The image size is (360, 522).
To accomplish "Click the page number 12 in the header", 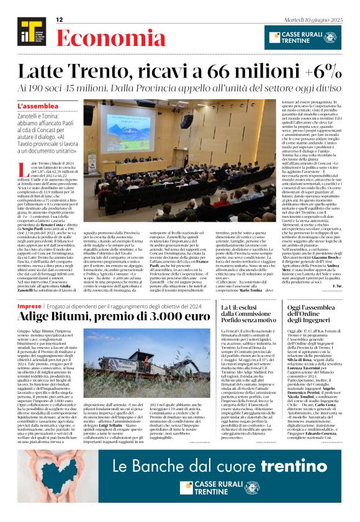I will coord(60,20).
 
